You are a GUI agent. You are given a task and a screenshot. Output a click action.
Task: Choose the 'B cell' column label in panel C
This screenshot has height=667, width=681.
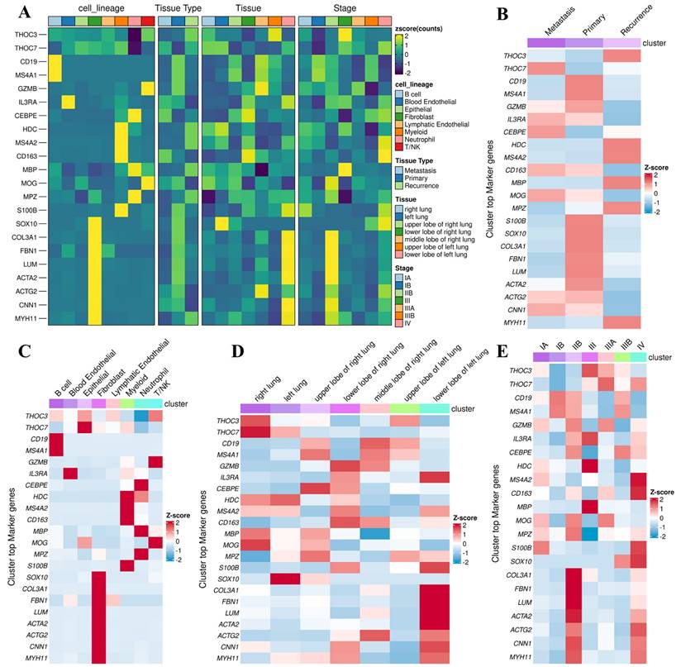pyautogui.click(x=61, y=387)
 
